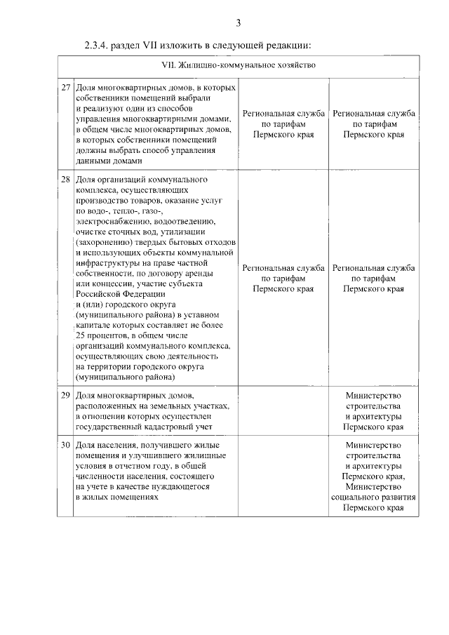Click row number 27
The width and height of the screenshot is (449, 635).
(x=65, y=88)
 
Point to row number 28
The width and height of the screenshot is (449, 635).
(x=65, y=180)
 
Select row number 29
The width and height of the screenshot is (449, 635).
(x=65, y=396)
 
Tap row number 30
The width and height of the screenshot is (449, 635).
(x=65, y=446)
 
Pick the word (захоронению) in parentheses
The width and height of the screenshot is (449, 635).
(x=104, y=241)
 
